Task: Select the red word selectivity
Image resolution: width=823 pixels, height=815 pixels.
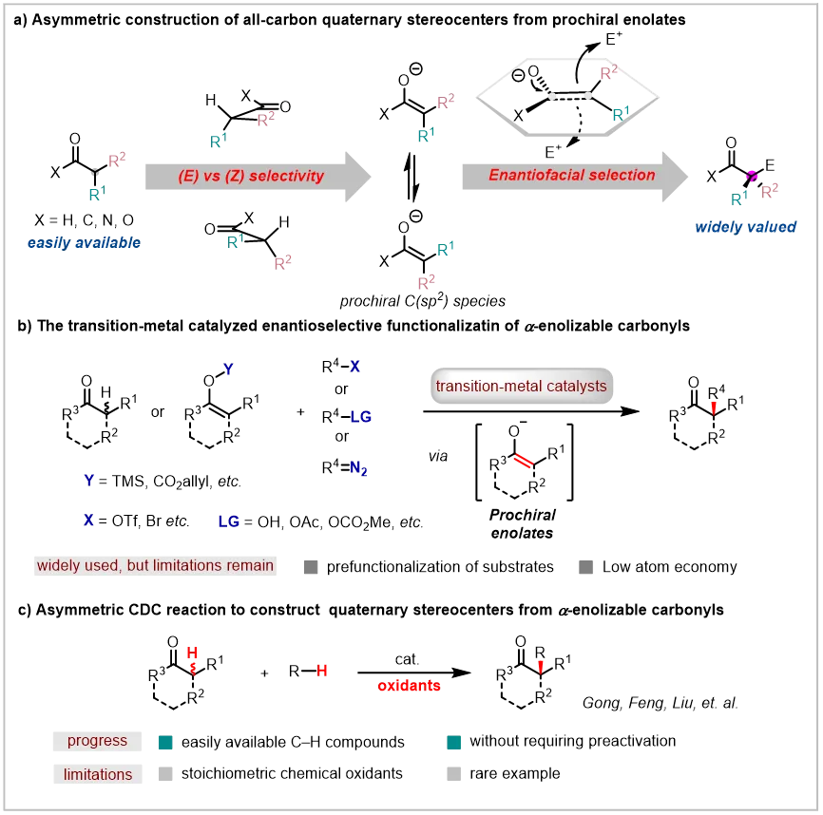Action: [x=289, y=176]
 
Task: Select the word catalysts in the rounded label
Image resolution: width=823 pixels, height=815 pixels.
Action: [x=577, y=386]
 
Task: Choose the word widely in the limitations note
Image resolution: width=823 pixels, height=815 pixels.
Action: [x=59, y=565]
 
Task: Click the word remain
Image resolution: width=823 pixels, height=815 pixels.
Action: [x=252, y=565]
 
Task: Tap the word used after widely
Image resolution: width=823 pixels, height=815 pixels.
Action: [x=104, y=565]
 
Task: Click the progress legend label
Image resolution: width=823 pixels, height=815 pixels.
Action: [x=97, y=741]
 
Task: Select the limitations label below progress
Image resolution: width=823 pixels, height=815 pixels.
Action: [x=98, y=774]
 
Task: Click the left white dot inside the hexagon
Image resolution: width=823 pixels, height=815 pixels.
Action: [x=552, y=96]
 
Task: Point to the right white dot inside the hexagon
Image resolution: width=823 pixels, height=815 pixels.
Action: [x=589, y=96]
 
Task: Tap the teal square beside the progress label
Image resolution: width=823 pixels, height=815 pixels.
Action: [x=170, y=750]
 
